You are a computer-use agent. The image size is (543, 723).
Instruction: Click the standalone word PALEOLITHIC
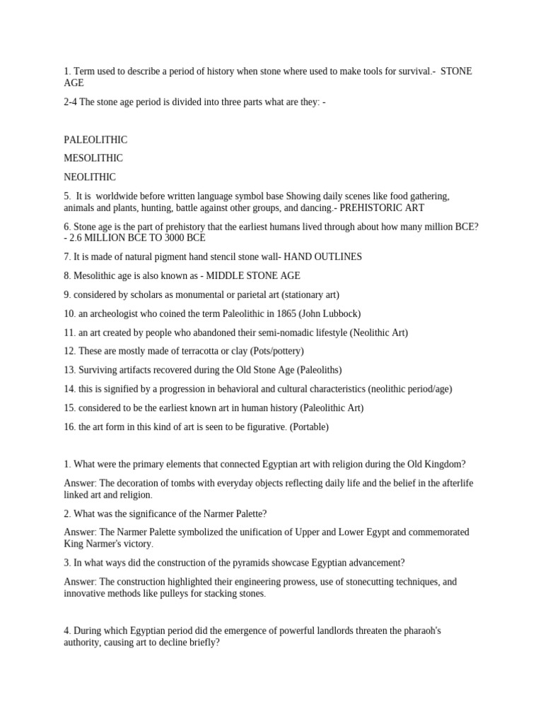[x=95, y=140]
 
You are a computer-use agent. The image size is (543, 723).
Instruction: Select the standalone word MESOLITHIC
[x=93, y=158]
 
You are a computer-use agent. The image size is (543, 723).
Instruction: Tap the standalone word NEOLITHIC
[x=90, y=177]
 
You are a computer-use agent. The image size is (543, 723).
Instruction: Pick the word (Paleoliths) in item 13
[x=319, y=370]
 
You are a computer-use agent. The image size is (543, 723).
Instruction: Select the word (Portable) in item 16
[x=308, y=426]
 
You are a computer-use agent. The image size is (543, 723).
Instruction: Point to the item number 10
[x=69, y=313]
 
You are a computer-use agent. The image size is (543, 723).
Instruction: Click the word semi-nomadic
[x=274, y=333]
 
